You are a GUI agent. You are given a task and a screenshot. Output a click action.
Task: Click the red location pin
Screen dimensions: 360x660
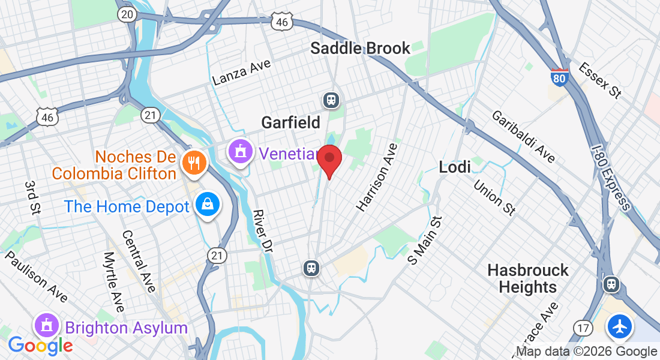[329, 160]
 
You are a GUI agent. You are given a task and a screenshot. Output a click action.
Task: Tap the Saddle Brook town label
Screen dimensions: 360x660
[360, 48]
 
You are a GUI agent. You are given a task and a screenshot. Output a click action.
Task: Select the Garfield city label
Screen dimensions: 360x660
[290, 122]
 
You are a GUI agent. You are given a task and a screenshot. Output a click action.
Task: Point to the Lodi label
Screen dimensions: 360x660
[455, 167]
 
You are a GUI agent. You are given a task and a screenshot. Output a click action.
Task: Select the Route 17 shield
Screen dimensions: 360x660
[581, 328]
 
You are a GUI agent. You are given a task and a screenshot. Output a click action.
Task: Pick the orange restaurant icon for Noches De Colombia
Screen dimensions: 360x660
[193, 161]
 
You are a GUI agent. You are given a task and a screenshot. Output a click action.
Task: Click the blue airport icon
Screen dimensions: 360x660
[619, 327]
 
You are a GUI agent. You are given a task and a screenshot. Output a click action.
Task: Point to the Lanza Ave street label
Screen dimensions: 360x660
[242, 73]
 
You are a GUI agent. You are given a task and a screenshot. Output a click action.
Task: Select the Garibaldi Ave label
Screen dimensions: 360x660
[523, 136]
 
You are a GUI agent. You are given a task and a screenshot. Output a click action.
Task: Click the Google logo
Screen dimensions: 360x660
[40, 346]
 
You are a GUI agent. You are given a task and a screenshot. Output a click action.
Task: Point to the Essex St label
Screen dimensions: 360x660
[600, 80]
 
